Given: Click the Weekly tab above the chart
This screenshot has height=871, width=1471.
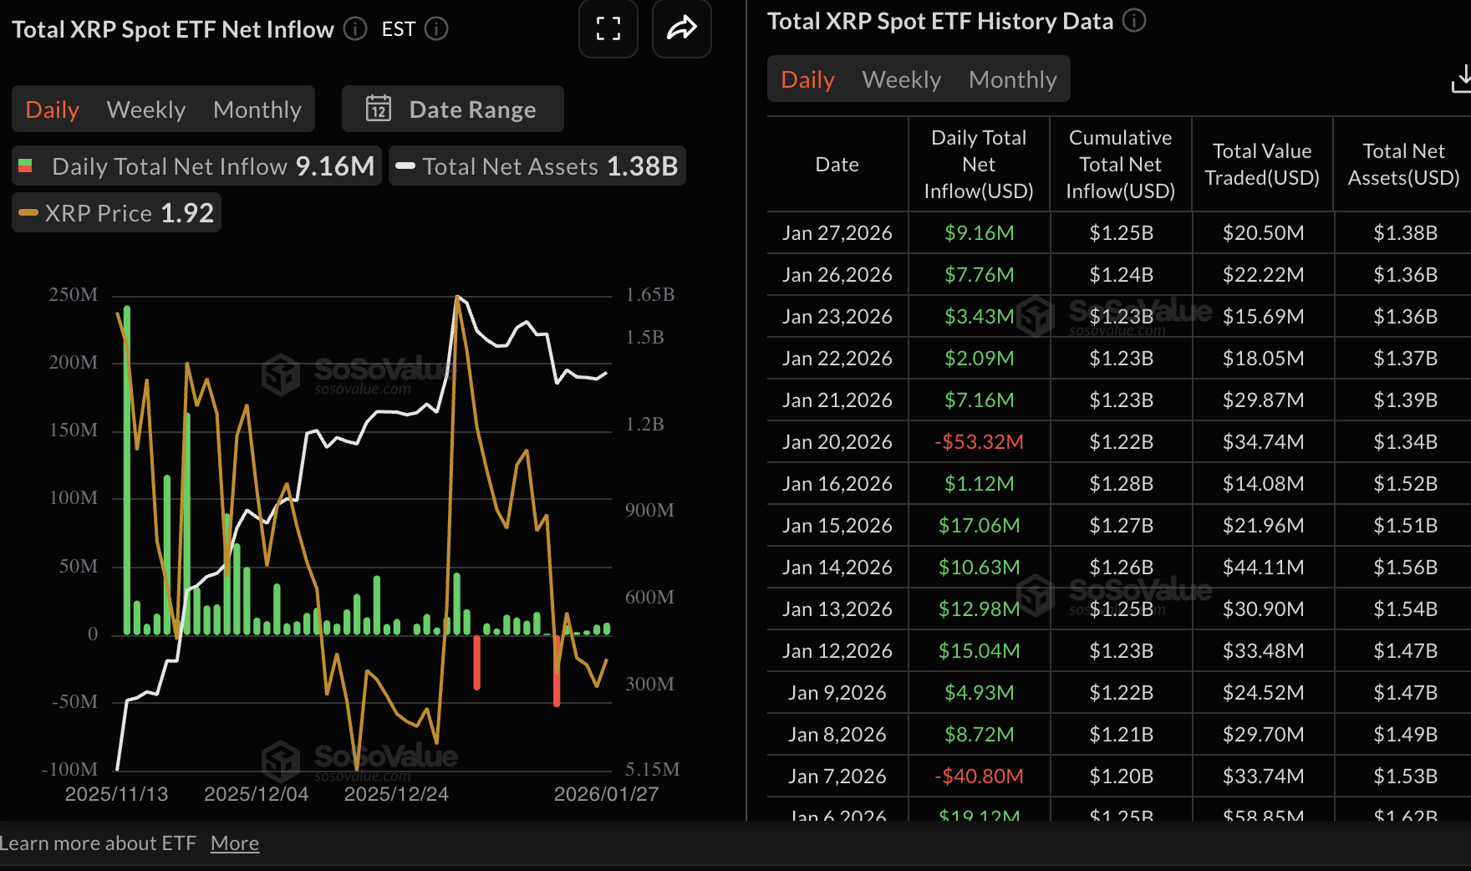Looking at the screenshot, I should pyautogui.click(x=146, y=110).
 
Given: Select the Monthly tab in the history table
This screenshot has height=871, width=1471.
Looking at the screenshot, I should pyautogui.click(x=1012, y=79).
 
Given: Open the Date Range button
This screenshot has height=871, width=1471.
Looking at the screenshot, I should pyautogui.click(x=452, y=110).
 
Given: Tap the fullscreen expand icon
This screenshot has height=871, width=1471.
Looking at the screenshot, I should pyautogui.click(x=608, y=29).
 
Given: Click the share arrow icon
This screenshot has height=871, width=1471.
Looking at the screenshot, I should pyautogui.click(x=681, y=29).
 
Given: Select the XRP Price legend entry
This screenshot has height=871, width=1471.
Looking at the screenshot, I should pyautogui.click(x=117, y=213).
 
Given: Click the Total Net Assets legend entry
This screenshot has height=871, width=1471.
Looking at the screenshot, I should pyautogui.click(x=537, y=166).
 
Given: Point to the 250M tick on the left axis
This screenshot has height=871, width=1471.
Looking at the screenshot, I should pyautogui.click(x=74, y=295).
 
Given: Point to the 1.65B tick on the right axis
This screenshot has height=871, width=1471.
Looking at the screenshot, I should pyautogui.click(x=649, y=295).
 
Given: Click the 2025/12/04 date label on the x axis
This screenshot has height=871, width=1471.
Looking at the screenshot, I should pyautogui.click(x=256, y=794).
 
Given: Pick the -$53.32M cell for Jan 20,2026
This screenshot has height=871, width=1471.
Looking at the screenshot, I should pyautogui.click(x=979, y=442).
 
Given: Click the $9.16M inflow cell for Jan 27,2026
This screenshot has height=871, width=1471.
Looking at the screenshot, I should pyautogui.click(x=979, y=233).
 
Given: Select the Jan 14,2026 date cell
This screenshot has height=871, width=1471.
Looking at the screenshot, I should pyautogui.click(x=837, y=568).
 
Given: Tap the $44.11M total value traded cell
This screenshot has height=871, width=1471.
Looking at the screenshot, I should pyautogui.click(x=1263, y=568).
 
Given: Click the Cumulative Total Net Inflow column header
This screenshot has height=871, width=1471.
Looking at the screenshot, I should pyautogui.click(x=1120, y=165).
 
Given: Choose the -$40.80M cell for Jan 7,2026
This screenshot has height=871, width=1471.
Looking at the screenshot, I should pyautogui.click(x=979, y=777).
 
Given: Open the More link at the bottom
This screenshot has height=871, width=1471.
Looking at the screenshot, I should pyautogui.click(x=235, y=843).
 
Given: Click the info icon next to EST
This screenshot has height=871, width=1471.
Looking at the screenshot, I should pyautogui.click(x=436, y=29).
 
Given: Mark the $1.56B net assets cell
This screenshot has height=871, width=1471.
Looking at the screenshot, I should pyautogui.click(x=1405, y=568).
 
